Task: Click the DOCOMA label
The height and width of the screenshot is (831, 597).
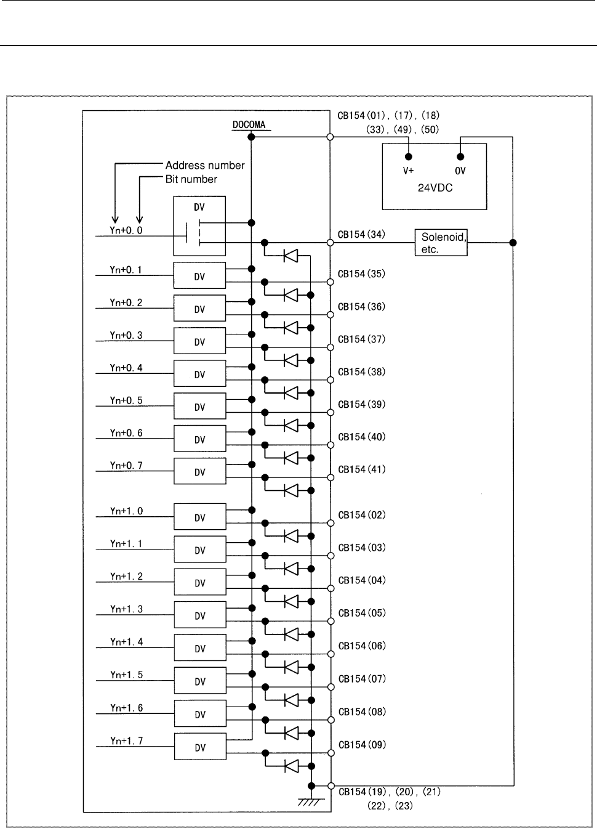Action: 249,124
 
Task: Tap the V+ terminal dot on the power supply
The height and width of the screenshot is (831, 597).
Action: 409,156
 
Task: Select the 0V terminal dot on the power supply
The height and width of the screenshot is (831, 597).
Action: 460,156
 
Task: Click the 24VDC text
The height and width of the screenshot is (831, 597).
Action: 435,188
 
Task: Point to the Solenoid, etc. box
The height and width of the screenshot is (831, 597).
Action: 441,243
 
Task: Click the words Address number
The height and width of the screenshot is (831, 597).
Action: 205,165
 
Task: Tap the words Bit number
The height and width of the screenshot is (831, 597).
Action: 191,179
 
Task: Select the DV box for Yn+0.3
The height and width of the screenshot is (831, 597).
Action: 200,341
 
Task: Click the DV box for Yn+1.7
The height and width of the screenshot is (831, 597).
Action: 200,747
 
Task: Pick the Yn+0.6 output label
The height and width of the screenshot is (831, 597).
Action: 126,433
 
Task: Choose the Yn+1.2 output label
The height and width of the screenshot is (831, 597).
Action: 126,576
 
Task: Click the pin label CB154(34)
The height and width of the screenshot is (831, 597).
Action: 361,235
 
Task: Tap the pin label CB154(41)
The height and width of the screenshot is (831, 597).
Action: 362,469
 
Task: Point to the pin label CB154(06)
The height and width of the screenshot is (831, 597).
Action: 362,646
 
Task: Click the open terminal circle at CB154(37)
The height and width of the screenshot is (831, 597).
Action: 331,347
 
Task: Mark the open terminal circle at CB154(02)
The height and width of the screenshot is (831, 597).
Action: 331,523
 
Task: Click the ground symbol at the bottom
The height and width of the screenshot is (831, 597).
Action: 311,802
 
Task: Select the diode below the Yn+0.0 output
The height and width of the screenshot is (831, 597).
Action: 290,256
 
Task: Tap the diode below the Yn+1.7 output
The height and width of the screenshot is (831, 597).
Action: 291,766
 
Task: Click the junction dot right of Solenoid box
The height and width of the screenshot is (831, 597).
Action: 513,243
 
